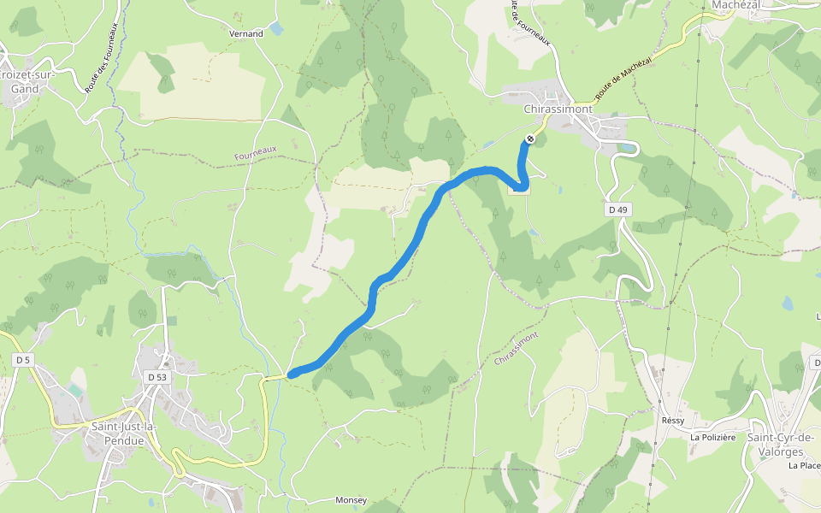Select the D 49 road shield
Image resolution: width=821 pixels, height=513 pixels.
point(617,209)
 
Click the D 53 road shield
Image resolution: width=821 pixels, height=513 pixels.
point(157,376)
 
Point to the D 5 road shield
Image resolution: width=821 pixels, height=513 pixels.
point(22,361)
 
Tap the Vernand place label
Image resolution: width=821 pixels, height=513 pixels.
point(246,34)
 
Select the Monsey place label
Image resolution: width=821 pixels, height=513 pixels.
point(351,500)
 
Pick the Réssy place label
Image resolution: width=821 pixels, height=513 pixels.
point(673,421)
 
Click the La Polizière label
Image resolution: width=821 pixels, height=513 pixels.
point(713,438)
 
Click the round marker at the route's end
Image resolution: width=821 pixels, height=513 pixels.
point(530,139)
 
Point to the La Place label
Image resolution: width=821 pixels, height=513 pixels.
point(804,466)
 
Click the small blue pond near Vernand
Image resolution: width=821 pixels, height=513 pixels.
point(275,28)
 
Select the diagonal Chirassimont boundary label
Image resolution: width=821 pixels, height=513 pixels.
point(517,349)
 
